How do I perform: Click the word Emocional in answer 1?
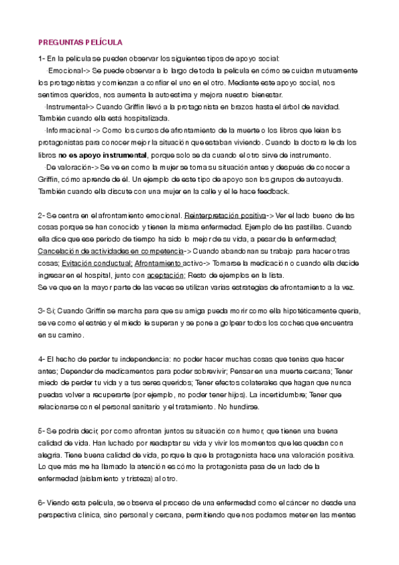click(x=65, y=71)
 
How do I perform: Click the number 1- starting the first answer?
click(x=42, y=59)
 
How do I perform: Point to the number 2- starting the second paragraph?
click(x=42, y=215)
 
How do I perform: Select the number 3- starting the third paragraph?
click(x=42, y=311)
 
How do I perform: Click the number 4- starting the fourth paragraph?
click(x=42, y=359)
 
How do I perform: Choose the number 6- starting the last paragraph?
click(x=42, y=503)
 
